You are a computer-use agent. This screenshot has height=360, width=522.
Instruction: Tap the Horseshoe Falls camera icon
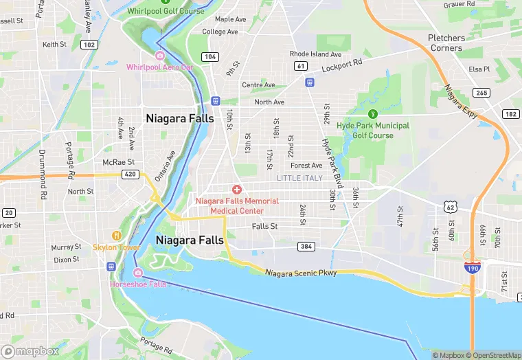(137, 273)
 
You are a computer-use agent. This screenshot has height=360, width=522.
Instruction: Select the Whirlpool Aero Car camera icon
(160, 56)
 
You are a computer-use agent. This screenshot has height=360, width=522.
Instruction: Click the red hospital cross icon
(237, 189)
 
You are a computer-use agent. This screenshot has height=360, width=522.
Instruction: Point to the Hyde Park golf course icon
(373, 114)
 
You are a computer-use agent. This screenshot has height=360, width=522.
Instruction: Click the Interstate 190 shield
(471, 269)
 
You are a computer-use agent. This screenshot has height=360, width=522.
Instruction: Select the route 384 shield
(306, 246)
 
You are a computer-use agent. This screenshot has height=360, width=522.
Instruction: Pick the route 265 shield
(481, 93)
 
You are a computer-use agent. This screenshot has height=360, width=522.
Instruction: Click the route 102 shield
(88, 44)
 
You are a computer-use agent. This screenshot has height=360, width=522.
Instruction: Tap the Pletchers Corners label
(446, 43)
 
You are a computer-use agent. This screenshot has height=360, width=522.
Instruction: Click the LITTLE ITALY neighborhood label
(299, 178)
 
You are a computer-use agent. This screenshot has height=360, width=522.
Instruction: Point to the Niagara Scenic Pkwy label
(302, 273)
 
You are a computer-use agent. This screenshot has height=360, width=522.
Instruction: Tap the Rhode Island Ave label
(315, 54)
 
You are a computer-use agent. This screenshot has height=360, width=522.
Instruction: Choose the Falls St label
(264, 226)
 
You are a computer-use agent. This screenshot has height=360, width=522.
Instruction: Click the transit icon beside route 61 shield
(309, 81)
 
